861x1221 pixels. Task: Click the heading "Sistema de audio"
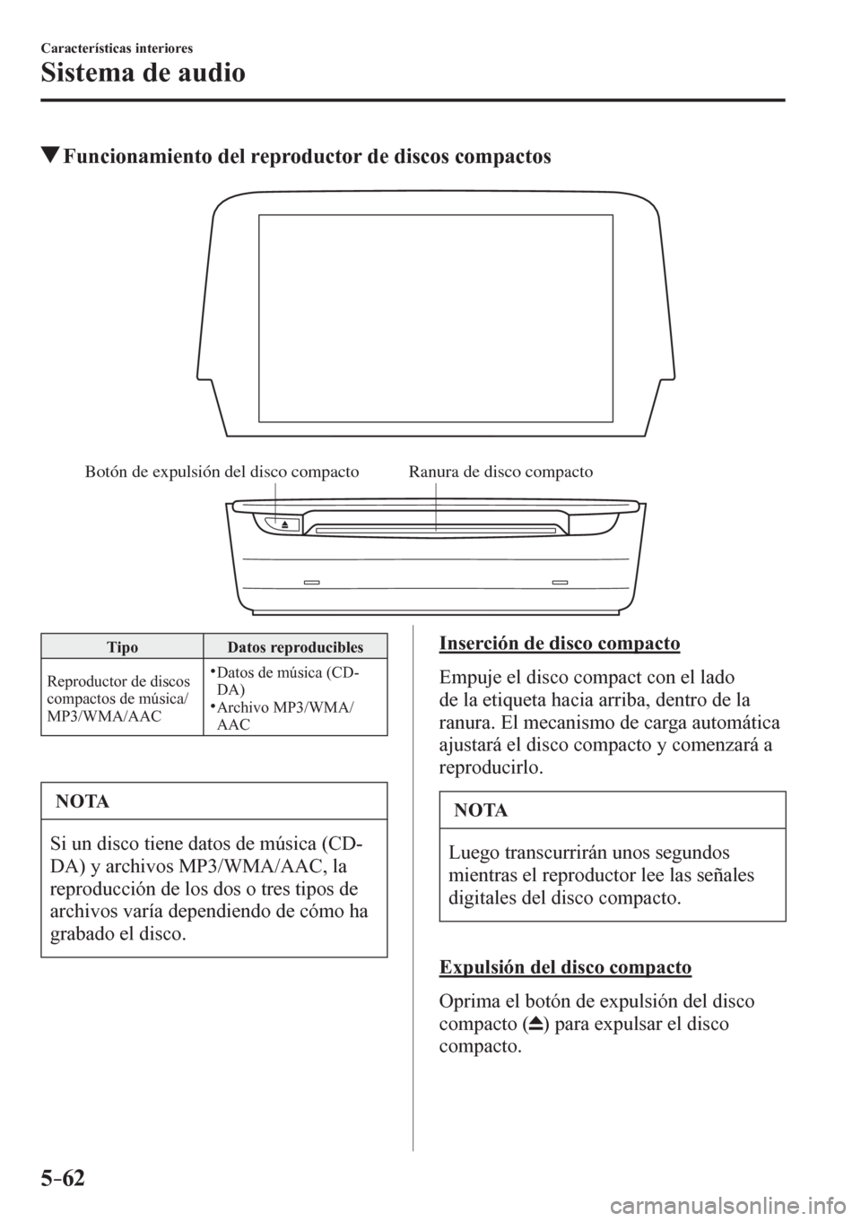click(x=143, y=72)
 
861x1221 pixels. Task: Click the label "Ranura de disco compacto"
click(x=500, y=472)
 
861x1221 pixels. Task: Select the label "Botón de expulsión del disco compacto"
click(x=222, y=472)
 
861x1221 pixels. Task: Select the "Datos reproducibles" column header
click(x=295, y=647)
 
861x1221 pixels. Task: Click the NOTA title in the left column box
click(x=83, y=801)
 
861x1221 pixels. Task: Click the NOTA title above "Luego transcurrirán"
click(x=481, y=810)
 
